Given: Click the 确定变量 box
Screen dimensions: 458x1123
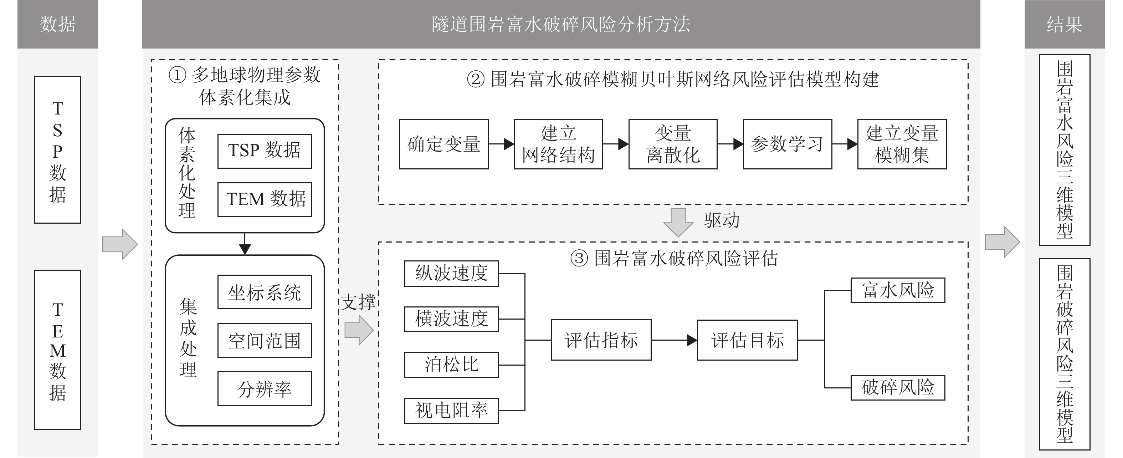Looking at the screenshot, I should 444,144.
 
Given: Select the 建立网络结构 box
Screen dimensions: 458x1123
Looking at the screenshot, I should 558,144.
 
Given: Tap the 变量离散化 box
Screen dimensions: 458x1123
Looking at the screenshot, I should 673,144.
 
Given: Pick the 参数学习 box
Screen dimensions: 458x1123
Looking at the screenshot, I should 787,144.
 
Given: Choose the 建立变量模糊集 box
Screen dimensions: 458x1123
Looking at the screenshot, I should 902,144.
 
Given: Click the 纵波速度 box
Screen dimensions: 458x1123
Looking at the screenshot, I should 451,274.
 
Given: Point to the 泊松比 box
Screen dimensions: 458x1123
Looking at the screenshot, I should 451,365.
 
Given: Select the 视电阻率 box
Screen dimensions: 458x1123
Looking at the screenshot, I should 451,411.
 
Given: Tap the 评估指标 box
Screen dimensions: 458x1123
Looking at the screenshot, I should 601,340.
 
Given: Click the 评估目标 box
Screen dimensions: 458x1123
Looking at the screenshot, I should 747,340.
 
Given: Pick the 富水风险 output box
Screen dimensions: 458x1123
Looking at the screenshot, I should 898,290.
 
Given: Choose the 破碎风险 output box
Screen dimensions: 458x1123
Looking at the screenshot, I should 898,387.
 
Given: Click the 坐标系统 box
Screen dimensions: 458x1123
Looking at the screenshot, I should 264,292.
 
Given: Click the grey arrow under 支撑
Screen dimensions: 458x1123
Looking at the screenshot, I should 359,330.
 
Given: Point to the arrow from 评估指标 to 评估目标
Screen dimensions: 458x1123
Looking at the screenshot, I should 674,340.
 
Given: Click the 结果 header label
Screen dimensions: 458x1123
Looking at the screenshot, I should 1064,24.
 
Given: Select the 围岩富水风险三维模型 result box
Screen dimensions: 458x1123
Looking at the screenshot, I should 1065,149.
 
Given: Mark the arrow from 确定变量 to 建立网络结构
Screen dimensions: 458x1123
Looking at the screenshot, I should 501,144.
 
